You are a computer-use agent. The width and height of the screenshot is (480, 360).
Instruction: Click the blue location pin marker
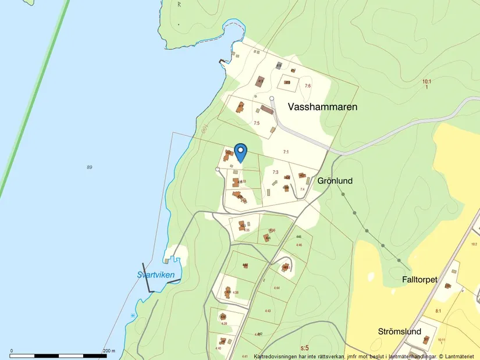[240, 152]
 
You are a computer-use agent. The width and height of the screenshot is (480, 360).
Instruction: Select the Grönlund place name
[335, 181]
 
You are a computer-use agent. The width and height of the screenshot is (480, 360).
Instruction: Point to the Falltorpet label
[419, 279]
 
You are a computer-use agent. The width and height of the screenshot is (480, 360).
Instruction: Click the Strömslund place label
[399, 332]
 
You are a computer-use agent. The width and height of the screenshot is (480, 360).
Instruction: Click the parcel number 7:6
[307, 86]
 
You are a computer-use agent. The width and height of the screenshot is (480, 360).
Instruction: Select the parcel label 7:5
[256, 123]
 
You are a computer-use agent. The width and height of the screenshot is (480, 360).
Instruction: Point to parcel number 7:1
[286, 152]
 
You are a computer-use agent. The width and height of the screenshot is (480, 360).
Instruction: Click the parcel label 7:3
[276, 172]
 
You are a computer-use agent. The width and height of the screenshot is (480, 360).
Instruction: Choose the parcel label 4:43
[268, 311]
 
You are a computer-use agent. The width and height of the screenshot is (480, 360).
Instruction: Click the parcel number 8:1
[438, 311]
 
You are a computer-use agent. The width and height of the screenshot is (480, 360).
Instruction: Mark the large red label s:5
[304, 348]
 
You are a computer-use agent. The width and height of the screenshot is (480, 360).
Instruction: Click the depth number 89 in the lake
[89, 167]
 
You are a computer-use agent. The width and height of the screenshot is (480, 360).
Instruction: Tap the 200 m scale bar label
[109, 351]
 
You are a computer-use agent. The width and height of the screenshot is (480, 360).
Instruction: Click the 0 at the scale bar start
[12, 351]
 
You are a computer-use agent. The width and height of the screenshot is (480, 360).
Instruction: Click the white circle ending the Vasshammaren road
[272, 98]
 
